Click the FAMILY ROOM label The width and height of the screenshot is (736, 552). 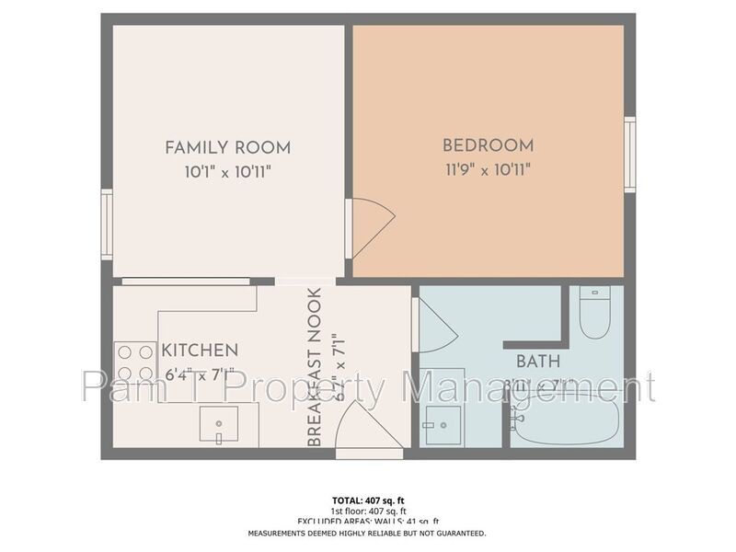(x=227, y=147)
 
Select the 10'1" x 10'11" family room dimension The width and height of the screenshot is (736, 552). (x=227, y=170)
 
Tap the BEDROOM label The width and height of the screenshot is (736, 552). (x=488, y=145)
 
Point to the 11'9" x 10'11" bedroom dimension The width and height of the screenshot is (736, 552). (x=488, y=168)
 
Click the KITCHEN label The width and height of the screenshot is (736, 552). (x=200, y=351)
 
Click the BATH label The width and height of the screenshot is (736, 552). (x=538, y=361)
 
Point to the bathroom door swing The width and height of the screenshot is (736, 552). (x=435, y=324)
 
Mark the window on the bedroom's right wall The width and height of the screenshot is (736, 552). (x=630, y=155)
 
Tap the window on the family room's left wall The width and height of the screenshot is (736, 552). (x=107, y=224)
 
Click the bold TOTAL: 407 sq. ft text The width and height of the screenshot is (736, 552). (x=367, y=501)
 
